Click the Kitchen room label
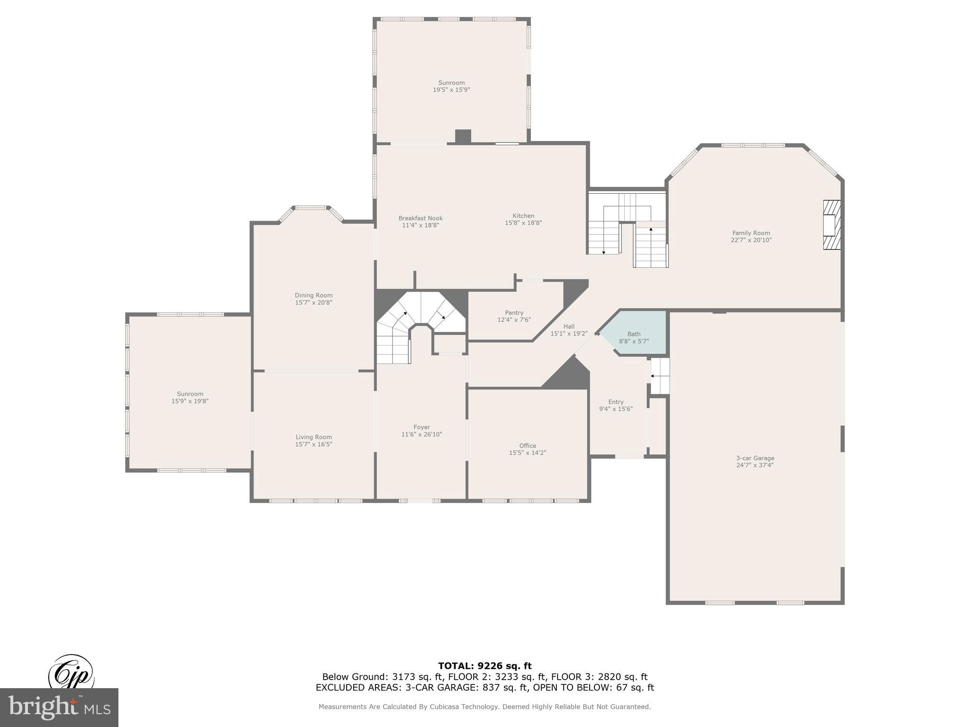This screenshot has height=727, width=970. click(523, 216)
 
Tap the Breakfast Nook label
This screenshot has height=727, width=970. click(420, 218)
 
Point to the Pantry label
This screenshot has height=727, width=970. click(514, 313)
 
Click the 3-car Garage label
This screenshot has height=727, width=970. click(755, 458)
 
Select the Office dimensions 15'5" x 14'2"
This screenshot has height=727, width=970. click(527, 453)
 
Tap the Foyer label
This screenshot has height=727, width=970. click(422, 427)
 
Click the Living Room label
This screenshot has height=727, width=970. click(314, 437)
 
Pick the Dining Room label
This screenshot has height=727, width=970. click(314, 295)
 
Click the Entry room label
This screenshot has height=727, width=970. click(616, 402)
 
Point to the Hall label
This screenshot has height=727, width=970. click(569, 327)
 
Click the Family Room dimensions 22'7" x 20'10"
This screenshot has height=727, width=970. click(751, 240)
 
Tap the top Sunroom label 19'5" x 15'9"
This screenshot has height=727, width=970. click(451, 86)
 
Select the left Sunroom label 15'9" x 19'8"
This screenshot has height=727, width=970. click(190, 398)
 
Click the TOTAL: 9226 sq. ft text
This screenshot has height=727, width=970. click(485, 666)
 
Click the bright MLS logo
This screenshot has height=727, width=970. click(59, 707)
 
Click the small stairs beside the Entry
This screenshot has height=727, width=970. click(660, 376)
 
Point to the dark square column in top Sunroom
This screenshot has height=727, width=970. click(463, 136)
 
